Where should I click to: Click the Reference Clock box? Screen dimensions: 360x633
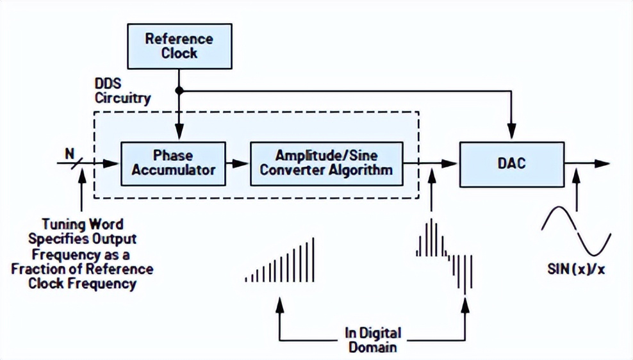click(179, 45)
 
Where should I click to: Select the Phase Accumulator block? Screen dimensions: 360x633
click(173, 163)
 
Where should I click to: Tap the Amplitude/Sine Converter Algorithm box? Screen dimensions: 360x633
click(326, 163)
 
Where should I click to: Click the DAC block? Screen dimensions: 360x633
click(511, 163)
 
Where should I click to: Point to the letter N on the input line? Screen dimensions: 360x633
click(69, 153)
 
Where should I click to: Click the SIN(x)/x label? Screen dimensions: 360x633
click(576, 269)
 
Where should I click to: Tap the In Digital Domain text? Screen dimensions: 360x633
click(372, 340)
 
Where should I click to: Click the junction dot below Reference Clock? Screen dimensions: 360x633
click(179, 91)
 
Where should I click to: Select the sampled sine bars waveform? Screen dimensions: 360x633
click(444, 253)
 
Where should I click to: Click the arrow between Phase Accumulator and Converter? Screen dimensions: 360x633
click(238, 164)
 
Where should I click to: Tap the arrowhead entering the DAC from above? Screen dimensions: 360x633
click(511, 136)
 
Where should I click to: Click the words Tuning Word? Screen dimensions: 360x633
click(83, 225)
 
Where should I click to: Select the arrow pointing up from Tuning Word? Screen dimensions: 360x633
click(81, 192)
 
